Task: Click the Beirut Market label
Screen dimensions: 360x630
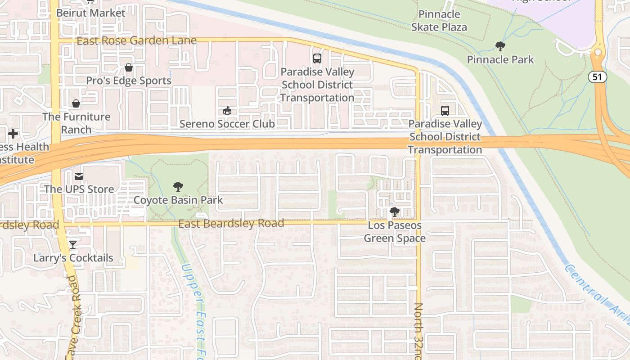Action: pos(90,13)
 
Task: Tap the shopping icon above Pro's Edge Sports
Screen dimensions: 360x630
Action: pos(129,68)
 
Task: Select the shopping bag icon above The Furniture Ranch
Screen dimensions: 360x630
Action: pos(76,104)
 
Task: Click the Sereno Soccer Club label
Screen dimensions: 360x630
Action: pos(227,124)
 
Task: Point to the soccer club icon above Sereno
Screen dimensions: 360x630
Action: pos(227,111)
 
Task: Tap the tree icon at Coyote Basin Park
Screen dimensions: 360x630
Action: pos(178,187)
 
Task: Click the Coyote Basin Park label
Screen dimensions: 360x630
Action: pos(178,200)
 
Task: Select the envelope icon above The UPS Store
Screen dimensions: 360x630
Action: pos(79,176)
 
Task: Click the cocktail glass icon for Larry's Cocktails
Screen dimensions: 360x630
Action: pos(73,245)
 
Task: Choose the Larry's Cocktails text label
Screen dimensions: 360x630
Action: pos(73,258)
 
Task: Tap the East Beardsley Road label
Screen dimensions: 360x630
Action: pos(231,224)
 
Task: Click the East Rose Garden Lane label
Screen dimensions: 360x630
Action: pos(136,41)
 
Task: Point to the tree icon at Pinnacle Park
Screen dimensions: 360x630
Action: pos(500,46)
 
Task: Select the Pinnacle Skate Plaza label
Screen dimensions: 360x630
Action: pos(439,21)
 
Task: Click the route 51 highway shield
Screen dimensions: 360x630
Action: pos(597,77)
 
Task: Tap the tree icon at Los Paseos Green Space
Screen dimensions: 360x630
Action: pos(395,212)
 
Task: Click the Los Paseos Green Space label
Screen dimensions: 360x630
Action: pos(395,232)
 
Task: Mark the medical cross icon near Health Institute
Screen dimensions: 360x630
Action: pos(13,134)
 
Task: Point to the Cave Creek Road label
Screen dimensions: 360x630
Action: pos(72,317)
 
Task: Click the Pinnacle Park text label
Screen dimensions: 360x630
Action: pos(500,59)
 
